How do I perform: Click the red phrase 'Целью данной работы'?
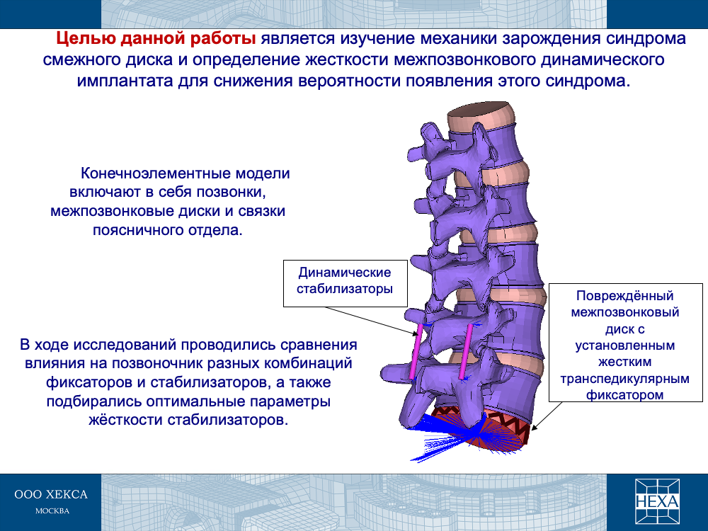(156, 39)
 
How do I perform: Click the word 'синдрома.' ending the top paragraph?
(588, 81)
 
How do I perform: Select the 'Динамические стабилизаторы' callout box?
(346, 283)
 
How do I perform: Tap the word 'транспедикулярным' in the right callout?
(625, 378)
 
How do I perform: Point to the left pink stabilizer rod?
(416, 352)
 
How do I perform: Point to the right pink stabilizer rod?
(466, 351)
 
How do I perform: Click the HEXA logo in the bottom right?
(657, 501)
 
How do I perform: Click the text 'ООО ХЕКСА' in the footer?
(51, 494)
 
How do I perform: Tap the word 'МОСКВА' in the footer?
(52, 511)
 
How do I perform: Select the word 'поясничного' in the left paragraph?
(133, 230)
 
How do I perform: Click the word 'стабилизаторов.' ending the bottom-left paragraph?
(227, 420)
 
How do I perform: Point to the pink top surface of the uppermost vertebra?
(481, 110)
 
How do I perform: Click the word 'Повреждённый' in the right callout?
(625, 296)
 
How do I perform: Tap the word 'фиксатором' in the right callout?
(625, 395)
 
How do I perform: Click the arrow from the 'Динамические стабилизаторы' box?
(371, 321)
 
